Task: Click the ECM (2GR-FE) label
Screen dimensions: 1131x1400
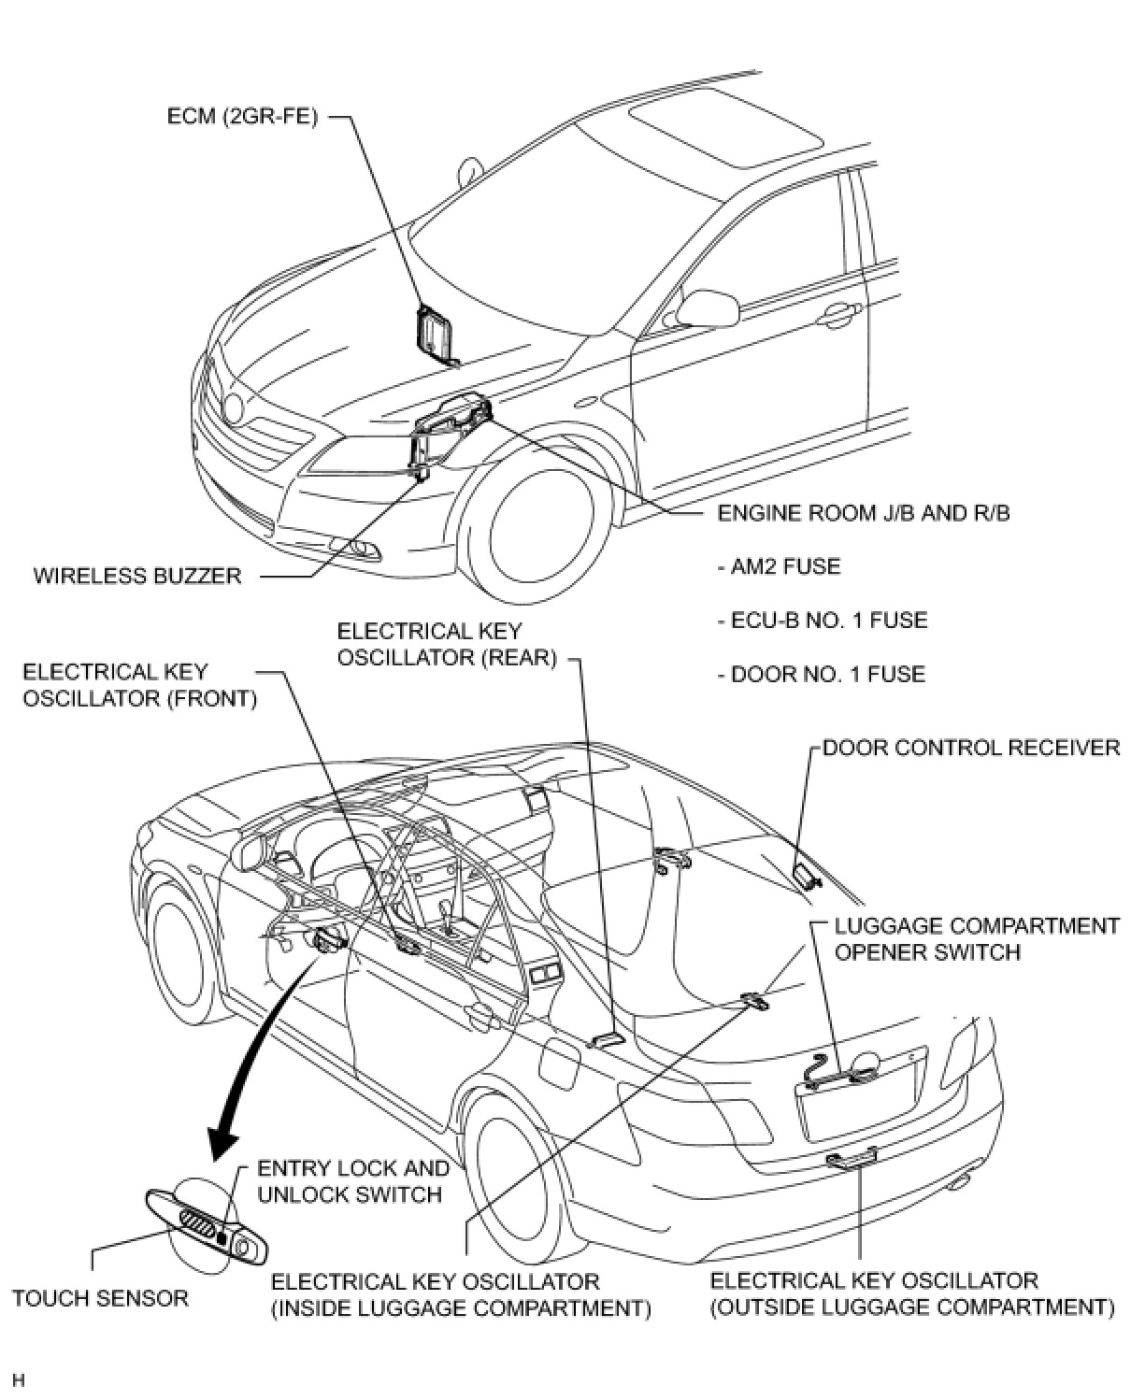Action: pyautogui.click(x=242, y=117)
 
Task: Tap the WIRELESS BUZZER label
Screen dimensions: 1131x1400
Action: pyautogui.click(x=138, y=576)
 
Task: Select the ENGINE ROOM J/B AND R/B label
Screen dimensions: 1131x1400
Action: pyautogui.click(x=863, y=513)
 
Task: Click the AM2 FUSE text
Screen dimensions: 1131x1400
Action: pyautogui.click(x=779, y=566)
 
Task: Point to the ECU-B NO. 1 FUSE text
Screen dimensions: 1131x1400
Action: pyautogui.click(x=823, y=621)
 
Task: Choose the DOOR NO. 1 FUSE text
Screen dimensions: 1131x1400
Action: pyautogui.click(x=822, y=675)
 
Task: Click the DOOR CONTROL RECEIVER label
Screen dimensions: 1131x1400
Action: pyautogui.click(x=970, y=748)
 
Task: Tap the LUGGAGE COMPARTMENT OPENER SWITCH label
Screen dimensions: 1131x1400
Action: pyautogui.click(x=977, y=939)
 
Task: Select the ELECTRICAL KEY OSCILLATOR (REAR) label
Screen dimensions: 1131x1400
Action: pyautogui.click(x=447, y=644)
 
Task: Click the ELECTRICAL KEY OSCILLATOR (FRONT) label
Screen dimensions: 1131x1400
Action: pyautogui.click(x=139, y=685)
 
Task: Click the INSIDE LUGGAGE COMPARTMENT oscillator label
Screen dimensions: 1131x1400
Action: pyautogui.click(x=461, y=1294)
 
